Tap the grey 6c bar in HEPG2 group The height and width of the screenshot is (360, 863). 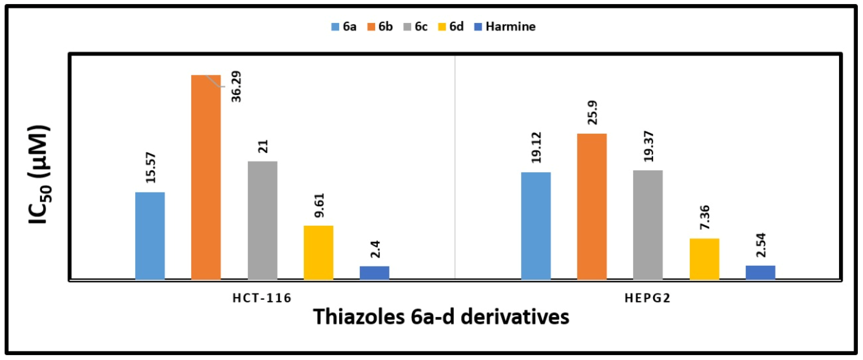(648, 225)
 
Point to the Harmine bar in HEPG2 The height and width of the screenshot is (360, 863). (760, 272)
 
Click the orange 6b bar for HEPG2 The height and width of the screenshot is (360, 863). (592, 206)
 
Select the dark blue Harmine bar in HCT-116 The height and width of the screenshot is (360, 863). (374, 273)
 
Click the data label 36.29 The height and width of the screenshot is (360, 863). (236, 86)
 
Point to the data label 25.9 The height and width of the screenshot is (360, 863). (592, 113)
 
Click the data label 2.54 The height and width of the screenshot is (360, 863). (761, 245)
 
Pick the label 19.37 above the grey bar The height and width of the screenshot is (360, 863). (648, 146)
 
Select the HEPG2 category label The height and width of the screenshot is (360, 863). (647, 298)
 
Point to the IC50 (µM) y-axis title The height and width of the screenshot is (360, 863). (39, 174)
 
